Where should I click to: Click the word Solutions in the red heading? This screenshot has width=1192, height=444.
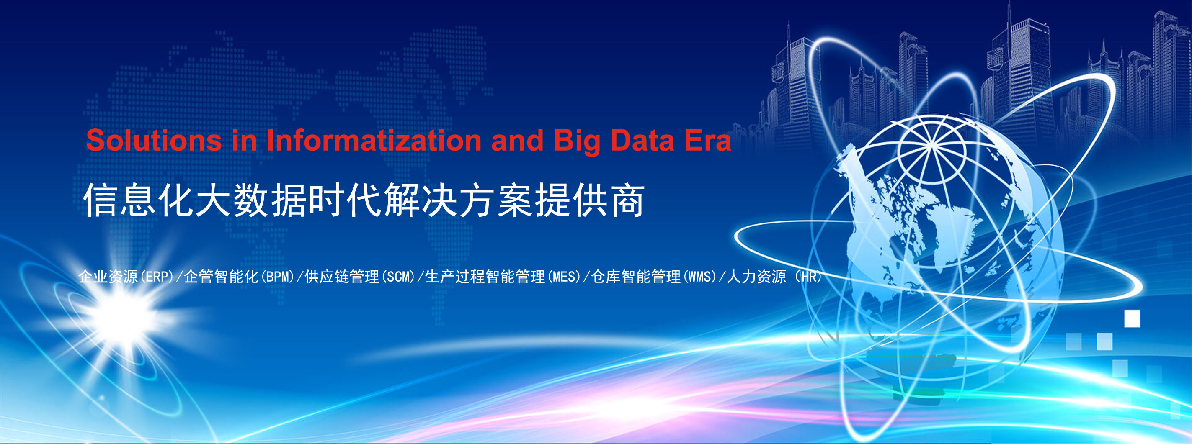(154, 140)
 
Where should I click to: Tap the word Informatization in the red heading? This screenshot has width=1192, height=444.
(374, 140)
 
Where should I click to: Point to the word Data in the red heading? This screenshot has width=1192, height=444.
(642, 140)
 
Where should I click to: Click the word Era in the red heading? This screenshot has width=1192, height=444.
(708, 140)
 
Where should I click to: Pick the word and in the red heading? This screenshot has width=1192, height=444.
(517, 140)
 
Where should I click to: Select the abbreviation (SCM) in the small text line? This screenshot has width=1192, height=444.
(398, 277)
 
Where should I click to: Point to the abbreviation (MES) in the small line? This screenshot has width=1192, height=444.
(564, 277)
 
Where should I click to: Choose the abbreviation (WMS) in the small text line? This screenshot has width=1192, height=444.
(699, 277)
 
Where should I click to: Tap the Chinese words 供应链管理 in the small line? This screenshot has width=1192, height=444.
(342, 277)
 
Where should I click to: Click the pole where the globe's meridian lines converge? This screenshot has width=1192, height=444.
(931, 146)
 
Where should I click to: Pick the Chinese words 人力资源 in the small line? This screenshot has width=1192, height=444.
(756, 277)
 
